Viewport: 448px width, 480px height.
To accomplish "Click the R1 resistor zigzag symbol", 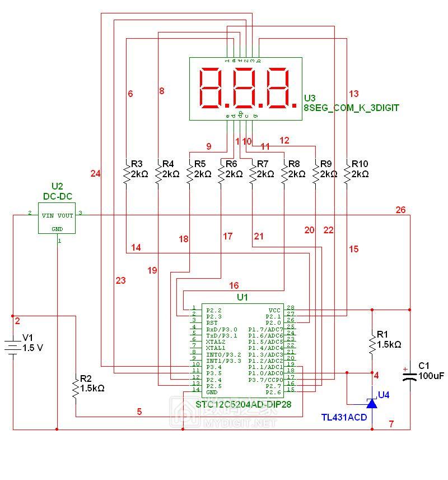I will pos(371,344).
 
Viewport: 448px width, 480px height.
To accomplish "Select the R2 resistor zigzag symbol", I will pos(76,388).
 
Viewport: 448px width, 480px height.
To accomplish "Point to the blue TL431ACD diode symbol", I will pos(372,403).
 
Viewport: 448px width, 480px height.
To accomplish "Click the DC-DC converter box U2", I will pos(57,218).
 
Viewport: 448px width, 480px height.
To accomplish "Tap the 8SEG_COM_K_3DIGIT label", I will pos(351,108).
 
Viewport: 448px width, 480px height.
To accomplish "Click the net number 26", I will pos(400,210).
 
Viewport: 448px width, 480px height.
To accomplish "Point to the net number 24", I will pos(95,174).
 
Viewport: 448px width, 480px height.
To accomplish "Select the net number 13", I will pos(353,94).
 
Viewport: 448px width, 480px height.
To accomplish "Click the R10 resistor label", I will pos(360,164).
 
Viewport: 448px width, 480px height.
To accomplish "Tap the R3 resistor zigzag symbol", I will pos(126,175).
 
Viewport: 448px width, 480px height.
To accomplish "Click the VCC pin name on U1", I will pos(274,310).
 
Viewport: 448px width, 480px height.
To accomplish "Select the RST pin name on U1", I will pos(212,323).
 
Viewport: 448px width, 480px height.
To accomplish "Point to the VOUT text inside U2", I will pos(66,215).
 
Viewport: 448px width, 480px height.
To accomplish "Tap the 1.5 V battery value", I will pos(32,348).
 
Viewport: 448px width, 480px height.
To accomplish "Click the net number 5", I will pos(139,412).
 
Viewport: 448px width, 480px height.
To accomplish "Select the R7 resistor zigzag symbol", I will pos(252,175).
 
